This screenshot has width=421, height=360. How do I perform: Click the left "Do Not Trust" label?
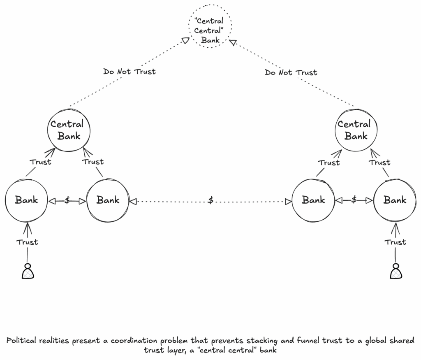130,72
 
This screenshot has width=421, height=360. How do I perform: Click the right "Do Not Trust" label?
291,72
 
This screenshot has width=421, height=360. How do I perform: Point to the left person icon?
28,271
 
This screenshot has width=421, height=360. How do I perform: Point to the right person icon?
396,271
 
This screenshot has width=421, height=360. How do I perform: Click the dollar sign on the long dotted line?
211,200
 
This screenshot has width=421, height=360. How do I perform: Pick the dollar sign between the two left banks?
67,200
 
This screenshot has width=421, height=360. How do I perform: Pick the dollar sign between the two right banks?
354,200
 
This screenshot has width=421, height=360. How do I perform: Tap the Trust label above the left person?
27,242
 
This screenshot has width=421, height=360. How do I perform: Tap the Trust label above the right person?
395,242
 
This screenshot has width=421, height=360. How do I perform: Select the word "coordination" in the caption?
134,341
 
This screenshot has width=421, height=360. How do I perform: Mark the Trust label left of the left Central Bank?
40,162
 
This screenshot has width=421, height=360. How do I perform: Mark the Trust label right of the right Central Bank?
379,163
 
